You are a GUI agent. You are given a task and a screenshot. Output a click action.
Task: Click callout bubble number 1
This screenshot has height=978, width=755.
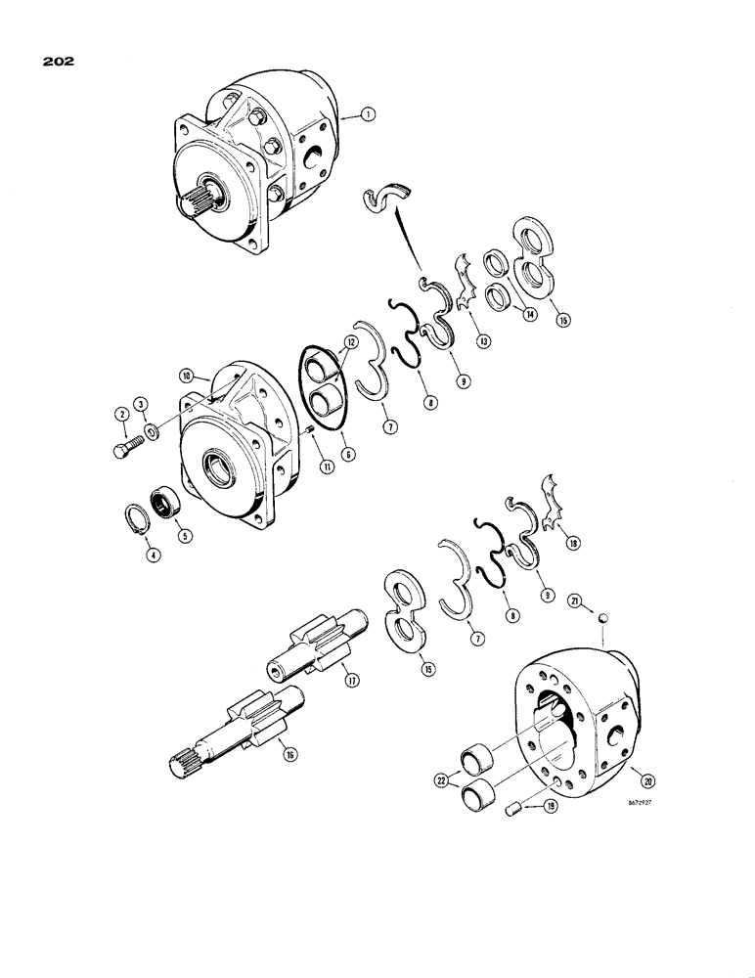coord(367,116)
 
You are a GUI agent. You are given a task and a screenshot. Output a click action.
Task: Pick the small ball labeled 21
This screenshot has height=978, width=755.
coord(604,617)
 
